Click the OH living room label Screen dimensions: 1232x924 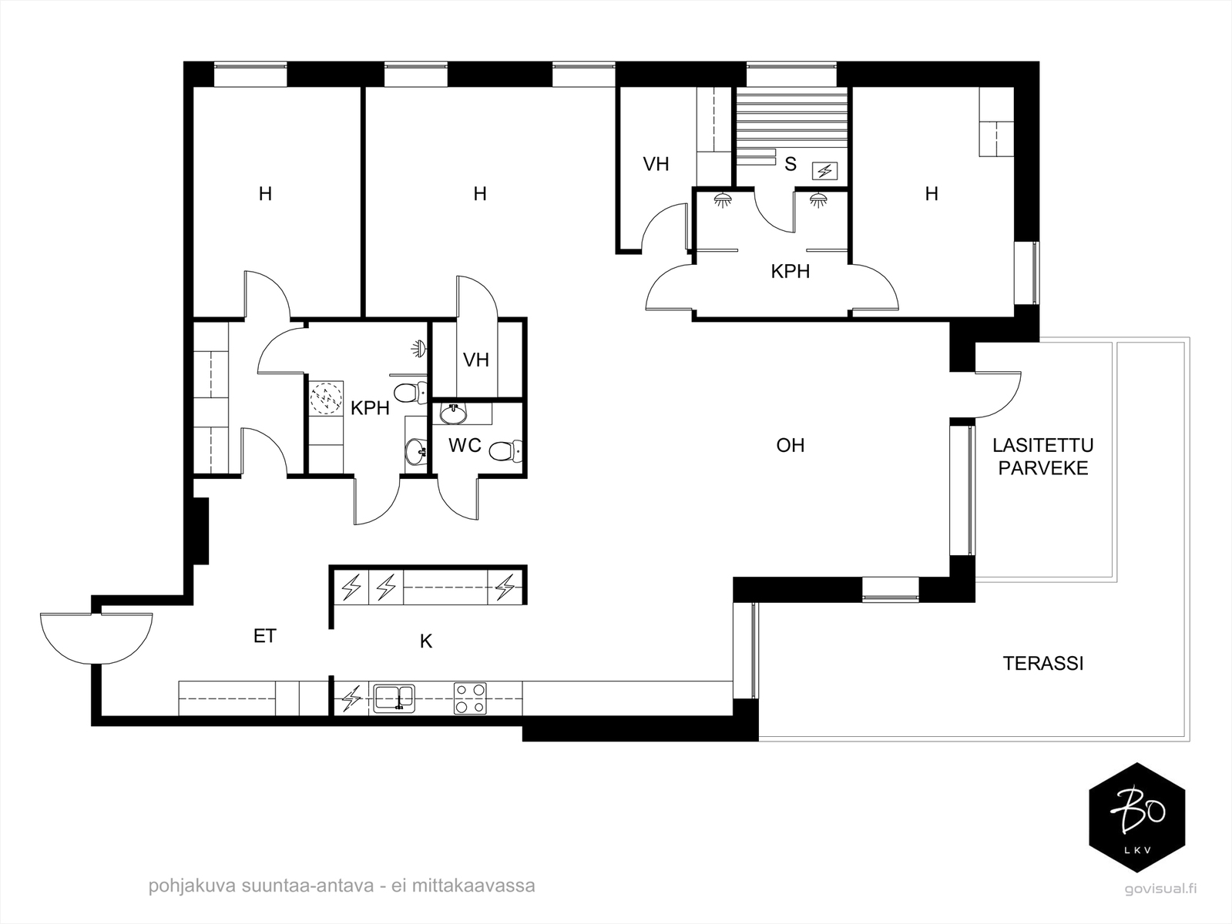pyautogui.click(x=791, y=445)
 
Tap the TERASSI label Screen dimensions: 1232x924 pyautogui.click(x=1043, y=664)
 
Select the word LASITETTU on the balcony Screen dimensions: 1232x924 pyautogui.click(x=1043, y=446)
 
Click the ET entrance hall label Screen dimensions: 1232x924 pyautogui.click(x=265, y=636)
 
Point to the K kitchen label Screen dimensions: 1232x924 pyautogui.click(x=426, y=641)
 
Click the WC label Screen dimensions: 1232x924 pyautogui.click(x=465, y=446)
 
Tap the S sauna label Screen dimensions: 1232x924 pyautogui.click(x=791, y=164)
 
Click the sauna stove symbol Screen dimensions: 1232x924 pyautogui.click(x=824, y=170)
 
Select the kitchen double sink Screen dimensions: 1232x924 pyautogui.click(x=394, y=698)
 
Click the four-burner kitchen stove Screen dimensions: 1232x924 pyautogui.click(x=470, y=698)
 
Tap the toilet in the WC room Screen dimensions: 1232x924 pyautogui.click(x=506, y=450)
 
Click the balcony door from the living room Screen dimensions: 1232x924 pyautogui.click(x=998, y=395)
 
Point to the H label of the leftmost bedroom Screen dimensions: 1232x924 pyautogui.click(x=266, y=194)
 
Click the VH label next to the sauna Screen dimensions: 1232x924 pyautogui.click(x=656, y=164)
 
